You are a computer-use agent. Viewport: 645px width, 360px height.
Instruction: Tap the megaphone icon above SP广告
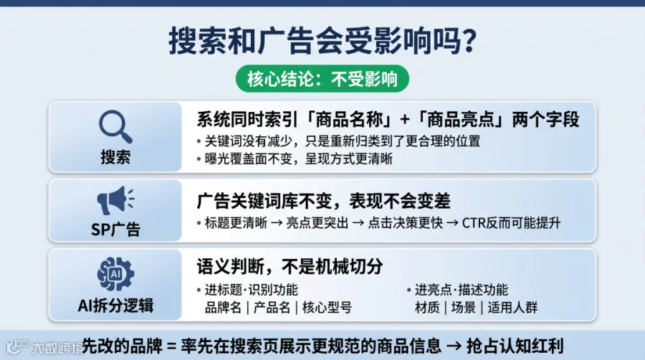115,200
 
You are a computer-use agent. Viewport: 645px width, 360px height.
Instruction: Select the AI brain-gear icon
115,274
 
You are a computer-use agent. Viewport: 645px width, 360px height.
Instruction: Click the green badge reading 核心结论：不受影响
322,79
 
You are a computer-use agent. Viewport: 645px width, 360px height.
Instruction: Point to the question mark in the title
467,40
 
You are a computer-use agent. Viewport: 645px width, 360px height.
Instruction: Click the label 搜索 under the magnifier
115,157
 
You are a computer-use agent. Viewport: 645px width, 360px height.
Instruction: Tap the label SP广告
115,229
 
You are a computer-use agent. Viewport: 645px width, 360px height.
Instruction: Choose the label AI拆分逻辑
115,305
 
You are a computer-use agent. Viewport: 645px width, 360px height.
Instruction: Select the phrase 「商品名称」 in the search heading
350,120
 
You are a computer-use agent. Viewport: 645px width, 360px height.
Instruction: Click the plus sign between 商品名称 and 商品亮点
405,120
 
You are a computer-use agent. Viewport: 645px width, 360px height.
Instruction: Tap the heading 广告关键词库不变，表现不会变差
323,202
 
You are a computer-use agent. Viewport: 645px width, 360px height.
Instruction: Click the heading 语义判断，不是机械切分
290,267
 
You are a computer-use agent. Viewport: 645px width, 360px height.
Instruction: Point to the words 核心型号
327,308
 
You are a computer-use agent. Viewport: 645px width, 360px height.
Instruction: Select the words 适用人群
512,308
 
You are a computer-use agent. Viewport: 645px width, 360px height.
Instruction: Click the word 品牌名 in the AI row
223,308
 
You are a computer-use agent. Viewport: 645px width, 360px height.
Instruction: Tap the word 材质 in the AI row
427,308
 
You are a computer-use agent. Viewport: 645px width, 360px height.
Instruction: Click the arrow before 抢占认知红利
454,346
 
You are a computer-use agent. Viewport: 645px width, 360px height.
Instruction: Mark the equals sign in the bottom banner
171,346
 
